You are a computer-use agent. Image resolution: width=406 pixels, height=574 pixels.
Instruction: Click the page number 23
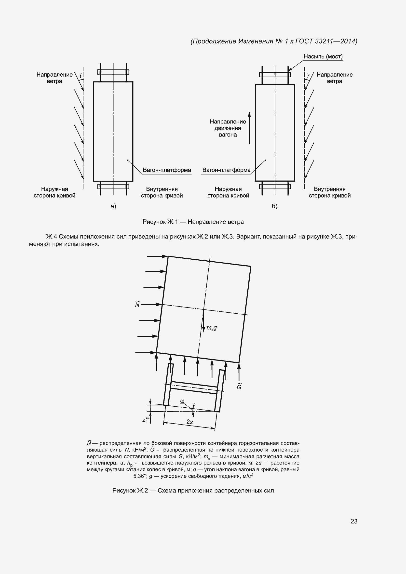(x=354, y=521)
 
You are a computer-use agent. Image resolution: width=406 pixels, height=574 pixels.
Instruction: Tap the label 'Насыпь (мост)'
(x=323, y=56)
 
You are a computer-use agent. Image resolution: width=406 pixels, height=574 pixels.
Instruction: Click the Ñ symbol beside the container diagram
(x=137, y=304)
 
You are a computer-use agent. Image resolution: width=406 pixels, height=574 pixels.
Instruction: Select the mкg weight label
(x=212, y=328)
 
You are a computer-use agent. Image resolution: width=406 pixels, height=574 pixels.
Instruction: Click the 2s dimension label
(x=190, y=422)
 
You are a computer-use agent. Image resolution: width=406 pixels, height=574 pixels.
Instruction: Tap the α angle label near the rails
(x=182, y=401)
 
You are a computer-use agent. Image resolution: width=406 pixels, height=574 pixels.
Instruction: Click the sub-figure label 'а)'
(x=113, y=206)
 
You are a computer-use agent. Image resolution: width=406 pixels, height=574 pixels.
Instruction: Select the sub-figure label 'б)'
(x=274, y=206)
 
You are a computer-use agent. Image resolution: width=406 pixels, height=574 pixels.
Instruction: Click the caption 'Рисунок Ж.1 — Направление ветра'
(x=193, y=222)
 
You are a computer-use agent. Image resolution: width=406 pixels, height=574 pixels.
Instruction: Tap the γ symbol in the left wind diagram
(x=80, y=75)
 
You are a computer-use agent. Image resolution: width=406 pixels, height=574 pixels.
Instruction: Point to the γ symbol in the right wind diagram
(x=308, y=75)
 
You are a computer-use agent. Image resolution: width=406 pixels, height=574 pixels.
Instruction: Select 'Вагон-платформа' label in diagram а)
(x=167, y=170)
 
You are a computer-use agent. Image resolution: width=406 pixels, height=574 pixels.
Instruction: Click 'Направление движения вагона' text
(x=228, y=128)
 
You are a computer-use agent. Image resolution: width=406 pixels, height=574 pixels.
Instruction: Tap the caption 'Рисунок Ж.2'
(x=193, y=491)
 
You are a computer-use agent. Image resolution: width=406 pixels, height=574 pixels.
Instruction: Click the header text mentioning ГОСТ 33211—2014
(x=274, y=41)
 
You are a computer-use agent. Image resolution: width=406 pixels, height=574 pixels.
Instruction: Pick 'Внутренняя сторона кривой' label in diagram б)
(x=329, y=192)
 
